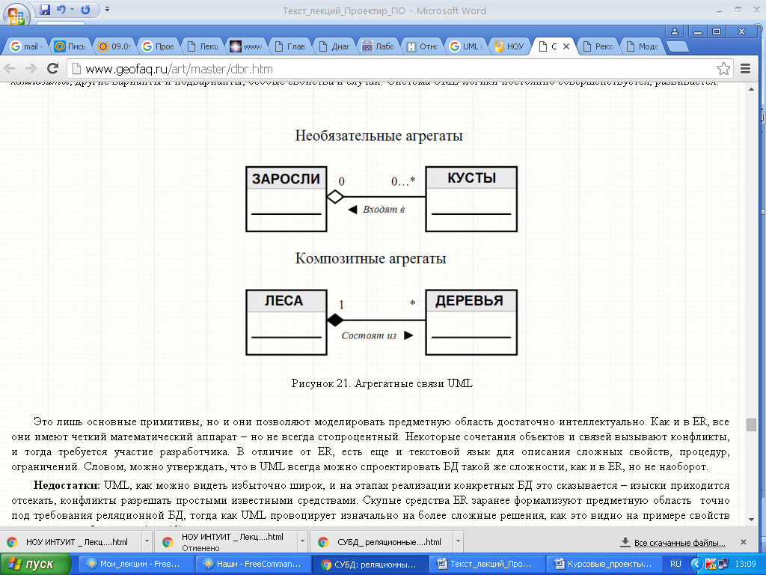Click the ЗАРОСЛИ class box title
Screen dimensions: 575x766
point(286,179)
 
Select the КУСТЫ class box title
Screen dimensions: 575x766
point(471,178)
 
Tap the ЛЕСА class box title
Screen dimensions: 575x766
point(284,301)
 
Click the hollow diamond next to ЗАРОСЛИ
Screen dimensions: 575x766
point(334,197)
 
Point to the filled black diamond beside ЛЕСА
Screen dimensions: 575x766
point(334,320)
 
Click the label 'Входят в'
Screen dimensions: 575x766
point(383,210)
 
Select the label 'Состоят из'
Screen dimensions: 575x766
point(369,335)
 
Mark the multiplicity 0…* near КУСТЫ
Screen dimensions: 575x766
point(402,181)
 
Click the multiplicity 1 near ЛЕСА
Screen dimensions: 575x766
point(342,305)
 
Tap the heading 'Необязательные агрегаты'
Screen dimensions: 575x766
point(379,136)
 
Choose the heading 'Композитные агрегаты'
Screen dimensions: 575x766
point(371,259)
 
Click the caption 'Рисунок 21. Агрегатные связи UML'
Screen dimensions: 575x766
point(382,383)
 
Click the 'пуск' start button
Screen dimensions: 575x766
point(34,564)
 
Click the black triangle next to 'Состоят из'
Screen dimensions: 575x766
point(408,335)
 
